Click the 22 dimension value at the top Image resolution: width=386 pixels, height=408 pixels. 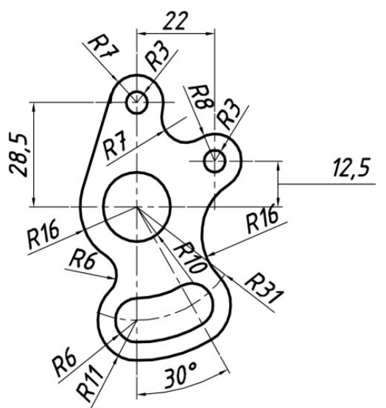click(175, 21)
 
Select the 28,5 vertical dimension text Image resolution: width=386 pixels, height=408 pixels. click(18, 156)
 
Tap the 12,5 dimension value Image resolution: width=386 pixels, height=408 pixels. click(351, 168)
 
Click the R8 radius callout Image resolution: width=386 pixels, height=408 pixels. click(201, 97)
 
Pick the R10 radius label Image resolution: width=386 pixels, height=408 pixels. click(190, 257)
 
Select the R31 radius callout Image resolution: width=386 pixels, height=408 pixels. click(263, 288)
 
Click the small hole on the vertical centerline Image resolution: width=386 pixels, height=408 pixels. click(137, 103)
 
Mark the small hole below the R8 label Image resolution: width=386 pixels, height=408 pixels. click(214, 162)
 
